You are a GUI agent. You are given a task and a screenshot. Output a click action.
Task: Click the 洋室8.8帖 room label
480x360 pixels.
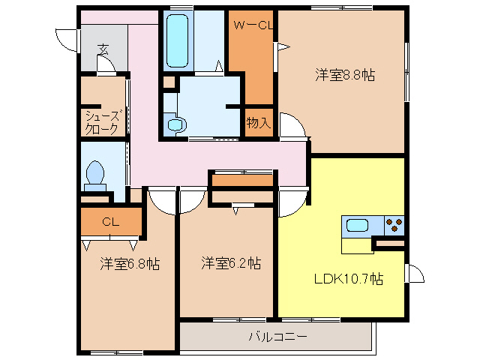click(x=345, y=75)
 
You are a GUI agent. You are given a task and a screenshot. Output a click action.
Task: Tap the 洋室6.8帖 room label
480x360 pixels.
click(x=130, y=264)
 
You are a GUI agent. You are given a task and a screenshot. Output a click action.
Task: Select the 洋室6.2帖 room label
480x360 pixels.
click(x=231, y=264)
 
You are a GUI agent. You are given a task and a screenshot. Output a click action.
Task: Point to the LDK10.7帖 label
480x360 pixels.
click(x=348, y=279)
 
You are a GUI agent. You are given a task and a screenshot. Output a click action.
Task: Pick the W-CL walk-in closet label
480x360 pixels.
click(x=252, y=26)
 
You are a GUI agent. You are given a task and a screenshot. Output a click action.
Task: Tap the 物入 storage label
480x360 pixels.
click(x=259, y=123)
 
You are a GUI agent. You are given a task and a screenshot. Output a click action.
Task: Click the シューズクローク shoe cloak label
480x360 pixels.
click(x=101, y=122)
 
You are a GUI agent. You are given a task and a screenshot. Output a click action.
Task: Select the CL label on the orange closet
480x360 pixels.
click(x=111, y=221)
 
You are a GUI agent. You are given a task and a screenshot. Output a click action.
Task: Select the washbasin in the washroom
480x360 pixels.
click(x=175, y=124)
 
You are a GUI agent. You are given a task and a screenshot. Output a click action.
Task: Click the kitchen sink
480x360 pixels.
click(x=355, y=224)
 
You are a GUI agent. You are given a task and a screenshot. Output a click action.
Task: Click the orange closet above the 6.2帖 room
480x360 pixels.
click(x=241, y=180)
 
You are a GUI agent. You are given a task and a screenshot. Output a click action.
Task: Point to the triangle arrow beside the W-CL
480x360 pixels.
click(x=283, y=49)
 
